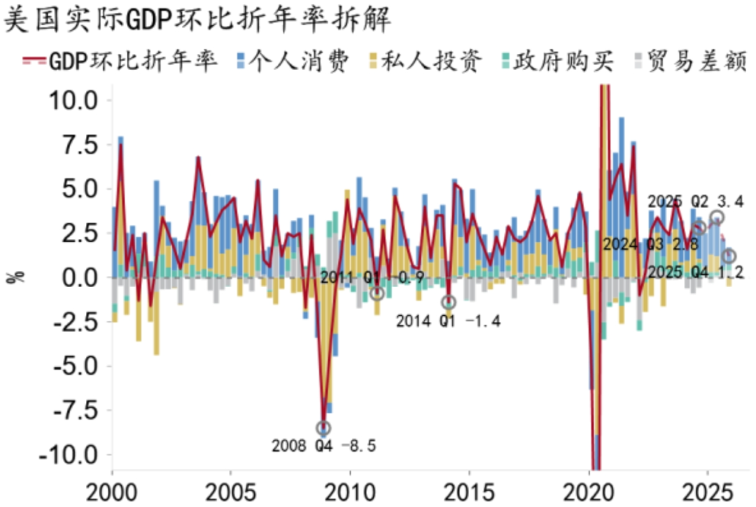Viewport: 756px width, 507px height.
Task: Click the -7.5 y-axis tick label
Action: click(x=73, y=410)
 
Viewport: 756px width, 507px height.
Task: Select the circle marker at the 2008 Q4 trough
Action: click(x=323, y=428)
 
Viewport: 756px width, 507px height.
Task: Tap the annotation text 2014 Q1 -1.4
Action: click(x=449, y=321)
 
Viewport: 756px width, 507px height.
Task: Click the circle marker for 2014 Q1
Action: click(x=449, y=303)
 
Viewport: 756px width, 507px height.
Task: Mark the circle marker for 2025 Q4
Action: click(x=729, y=256)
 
